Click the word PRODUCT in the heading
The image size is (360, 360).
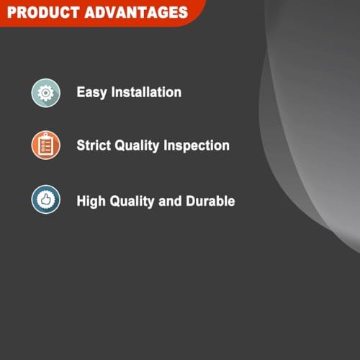[x=40, y=13]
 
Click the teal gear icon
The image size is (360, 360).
[x=45, y=92]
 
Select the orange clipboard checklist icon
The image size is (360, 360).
[x=45, y=145]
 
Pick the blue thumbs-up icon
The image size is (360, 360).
[x=45, y=199]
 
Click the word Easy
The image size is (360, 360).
[x=92, y=93]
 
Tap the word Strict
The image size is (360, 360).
[x=95, y=145]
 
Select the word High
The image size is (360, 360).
[x=92, y=200]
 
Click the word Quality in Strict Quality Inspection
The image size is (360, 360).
[x=140, y=146]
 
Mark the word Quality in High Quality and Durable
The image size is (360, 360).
[x=132, y=201]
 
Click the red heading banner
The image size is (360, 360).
[x=101, y=12]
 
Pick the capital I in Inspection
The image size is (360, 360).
[x=167, y=145]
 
